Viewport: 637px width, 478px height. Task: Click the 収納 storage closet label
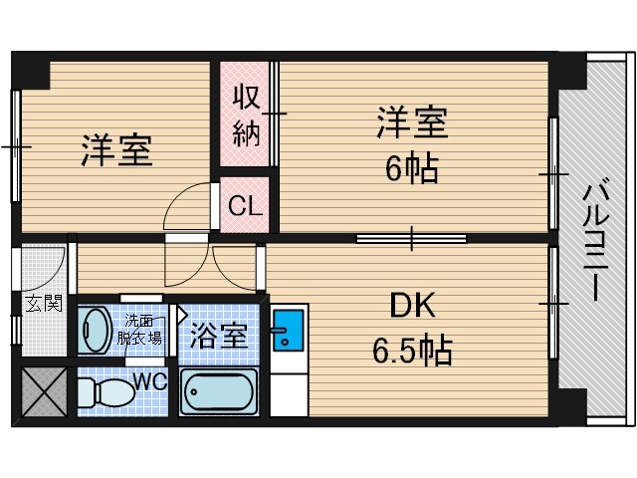click(x=246, y=116)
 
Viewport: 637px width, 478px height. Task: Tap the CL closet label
click(x=245, y=207)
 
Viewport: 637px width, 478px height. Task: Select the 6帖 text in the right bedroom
click(x=411, y=169)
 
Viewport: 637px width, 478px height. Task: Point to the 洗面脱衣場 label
click(x=139, y=329)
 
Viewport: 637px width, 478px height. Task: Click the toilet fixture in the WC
click(x=101, y=391)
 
